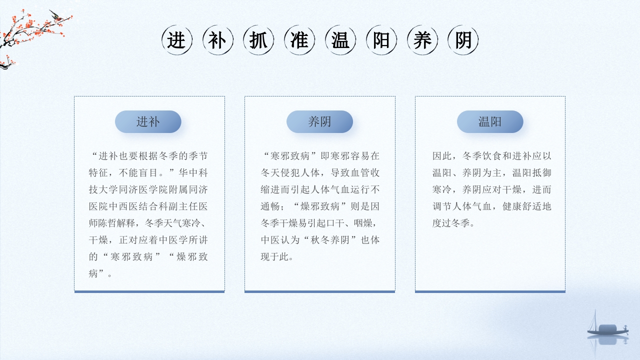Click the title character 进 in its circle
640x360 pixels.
(x=177, y=40)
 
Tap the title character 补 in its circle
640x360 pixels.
(x=218, y=40)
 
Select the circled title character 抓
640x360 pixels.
(x=258, y=40)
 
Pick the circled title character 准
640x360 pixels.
(x=299, y=40)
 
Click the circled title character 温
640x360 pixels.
(x=340, y=40)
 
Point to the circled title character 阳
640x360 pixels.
(x=381, y=40)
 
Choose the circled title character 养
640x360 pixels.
(x=422, y=40)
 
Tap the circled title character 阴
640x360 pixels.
(x=463, y=40)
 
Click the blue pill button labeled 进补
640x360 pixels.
(x=148, y=121)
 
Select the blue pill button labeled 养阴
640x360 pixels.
(x=319, y=121)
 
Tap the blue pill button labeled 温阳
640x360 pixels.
(x=490, y=121)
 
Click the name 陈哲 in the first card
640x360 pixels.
(x=108, y=223)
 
